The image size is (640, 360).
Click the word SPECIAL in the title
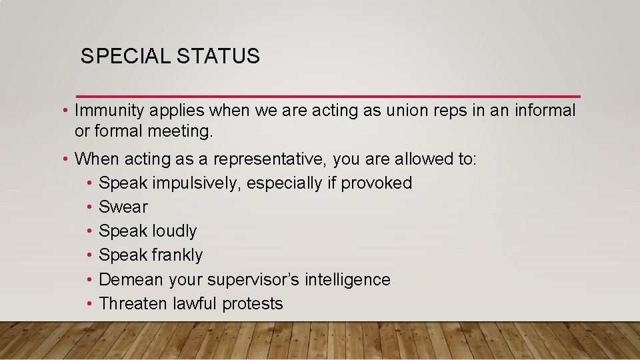[x=125, y=57]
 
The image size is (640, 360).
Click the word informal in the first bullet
[x=545, y=111]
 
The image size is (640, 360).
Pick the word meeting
[x=181, y=131]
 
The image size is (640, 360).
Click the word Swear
[x=123, y=207]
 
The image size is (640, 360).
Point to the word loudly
[x=175, y=231]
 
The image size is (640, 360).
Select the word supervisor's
[x=253, y=279]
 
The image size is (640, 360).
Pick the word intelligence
[x=347, y=279]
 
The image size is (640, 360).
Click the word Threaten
[x=133, y=303]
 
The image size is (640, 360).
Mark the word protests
[x=253, y=304]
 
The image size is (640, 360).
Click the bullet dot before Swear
[x=89, y=207]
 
